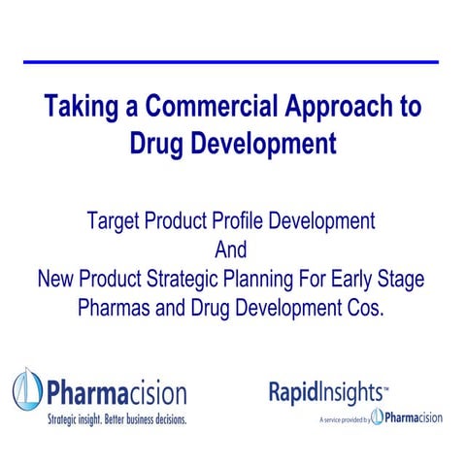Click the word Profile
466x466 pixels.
pyautogui.click(x=245, y=220)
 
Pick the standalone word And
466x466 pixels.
pyautogui.click(x=231, y=250)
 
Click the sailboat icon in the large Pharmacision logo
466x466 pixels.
pyautogui.click(x=26, y=392)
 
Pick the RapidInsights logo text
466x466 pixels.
pyautogui.click(x=328, y=392)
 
